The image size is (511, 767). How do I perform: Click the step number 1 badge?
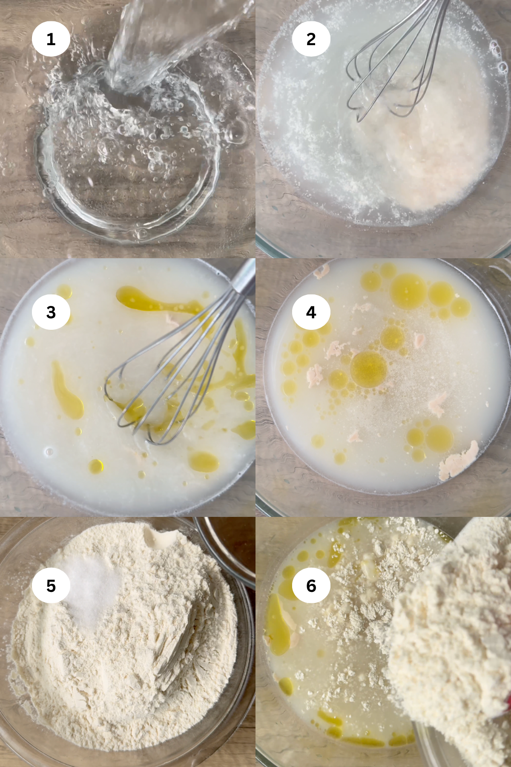click(51, 39)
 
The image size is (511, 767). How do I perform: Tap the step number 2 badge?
click(311, 39)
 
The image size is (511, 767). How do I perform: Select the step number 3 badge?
click(51, 312)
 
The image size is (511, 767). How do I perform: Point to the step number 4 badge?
click(311, 312)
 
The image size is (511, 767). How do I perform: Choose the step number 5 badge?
click(51, 585)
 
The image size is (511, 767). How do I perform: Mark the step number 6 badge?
click(311, 585)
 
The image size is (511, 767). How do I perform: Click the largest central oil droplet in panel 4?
click(369, 369)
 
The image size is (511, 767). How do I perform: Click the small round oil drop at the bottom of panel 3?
click(96, 465)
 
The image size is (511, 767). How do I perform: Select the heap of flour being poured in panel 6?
click(451, 639)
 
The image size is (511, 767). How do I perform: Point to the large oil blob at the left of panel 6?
click(278, 626)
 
